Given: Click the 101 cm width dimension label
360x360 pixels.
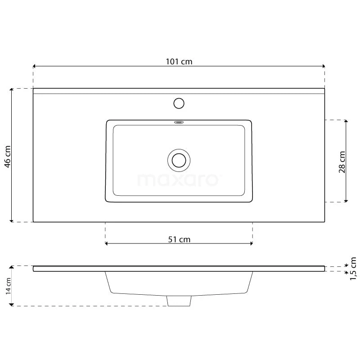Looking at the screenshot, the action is pyautogui.click(x=179, y=62).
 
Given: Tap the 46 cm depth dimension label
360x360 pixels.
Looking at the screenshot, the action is pyautogui.click(x=8, y=157).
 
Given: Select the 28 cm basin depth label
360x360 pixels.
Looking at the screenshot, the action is pyautogui.click(x=342, y=162).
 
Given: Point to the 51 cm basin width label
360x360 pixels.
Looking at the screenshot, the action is pyautogui.click(x=179, y=239).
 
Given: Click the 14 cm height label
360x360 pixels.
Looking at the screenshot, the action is pyautogui.click(x=8, y=286).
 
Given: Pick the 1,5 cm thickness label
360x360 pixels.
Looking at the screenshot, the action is pyautogui.click(x=353, y=269).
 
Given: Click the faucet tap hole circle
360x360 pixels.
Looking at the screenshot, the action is pyautogui.click(x=179, y=103).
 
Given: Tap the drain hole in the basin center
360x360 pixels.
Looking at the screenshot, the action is pyautogui.click(x=179, y=160).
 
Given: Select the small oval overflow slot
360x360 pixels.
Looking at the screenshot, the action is pyautogui.click(x=179, y=122).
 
